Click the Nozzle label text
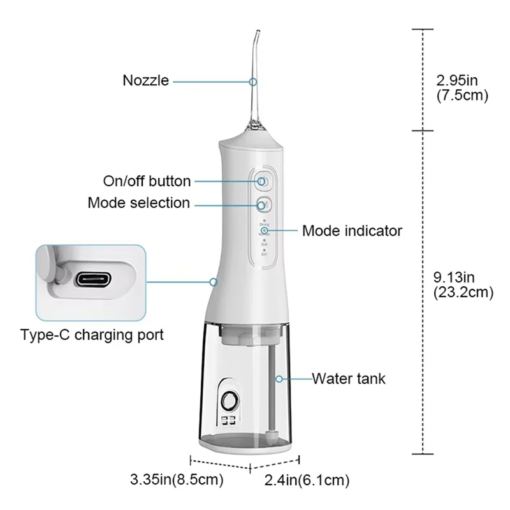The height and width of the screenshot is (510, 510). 146,81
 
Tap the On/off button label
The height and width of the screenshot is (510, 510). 147,181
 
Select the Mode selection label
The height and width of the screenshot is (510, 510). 138,203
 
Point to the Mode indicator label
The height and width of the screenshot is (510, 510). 352,230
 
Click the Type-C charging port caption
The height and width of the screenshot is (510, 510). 92,334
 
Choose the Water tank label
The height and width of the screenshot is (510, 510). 349,379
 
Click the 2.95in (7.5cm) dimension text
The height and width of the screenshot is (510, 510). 462,89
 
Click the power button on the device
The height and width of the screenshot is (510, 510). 263,181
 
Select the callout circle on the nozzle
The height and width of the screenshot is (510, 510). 253,82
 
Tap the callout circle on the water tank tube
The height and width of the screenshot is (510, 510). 278,379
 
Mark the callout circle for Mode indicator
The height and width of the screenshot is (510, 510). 264,230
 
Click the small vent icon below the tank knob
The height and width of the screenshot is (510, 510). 228,421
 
